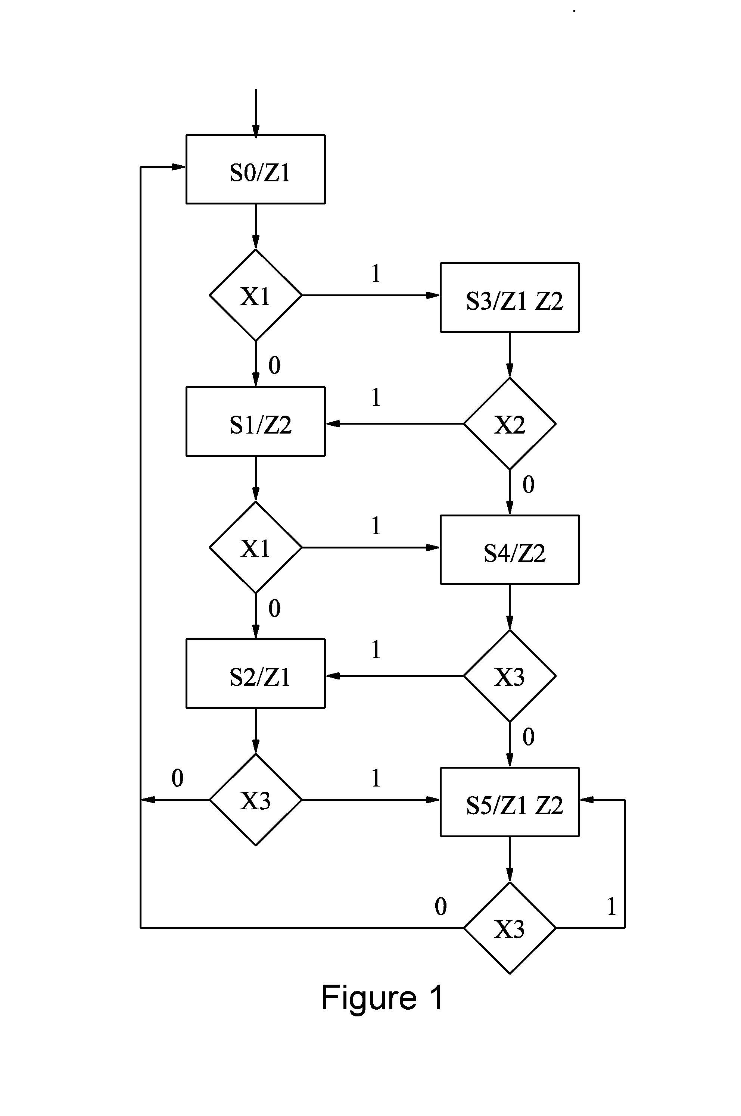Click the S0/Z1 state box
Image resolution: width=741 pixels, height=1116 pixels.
(256, 169)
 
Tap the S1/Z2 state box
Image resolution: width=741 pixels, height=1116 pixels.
(256, 422)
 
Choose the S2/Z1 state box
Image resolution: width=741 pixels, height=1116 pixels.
(256, 674)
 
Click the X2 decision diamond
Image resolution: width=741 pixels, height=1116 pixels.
(510, 423)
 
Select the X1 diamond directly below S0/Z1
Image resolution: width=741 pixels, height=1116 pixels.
(256, 295)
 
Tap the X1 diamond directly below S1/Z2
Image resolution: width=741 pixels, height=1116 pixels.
(256, 547)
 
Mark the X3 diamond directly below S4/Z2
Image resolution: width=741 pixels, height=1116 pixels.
(510, 676)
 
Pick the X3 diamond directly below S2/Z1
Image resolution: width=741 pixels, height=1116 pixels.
(256, 800)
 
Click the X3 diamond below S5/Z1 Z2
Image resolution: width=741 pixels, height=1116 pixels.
(510, 928)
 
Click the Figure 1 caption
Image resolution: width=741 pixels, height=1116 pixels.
(382, 998)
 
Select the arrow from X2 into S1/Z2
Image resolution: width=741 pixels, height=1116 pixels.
(395, 423)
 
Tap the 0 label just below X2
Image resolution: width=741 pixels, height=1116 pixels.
(528, 485)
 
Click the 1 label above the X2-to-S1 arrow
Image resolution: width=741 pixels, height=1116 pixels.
(376, 397)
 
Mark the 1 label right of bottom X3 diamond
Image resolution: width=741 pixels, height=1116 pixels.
(611, 906)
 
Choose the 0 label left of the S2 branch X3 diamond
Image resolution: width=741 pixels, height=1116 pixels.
(177, 778)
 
